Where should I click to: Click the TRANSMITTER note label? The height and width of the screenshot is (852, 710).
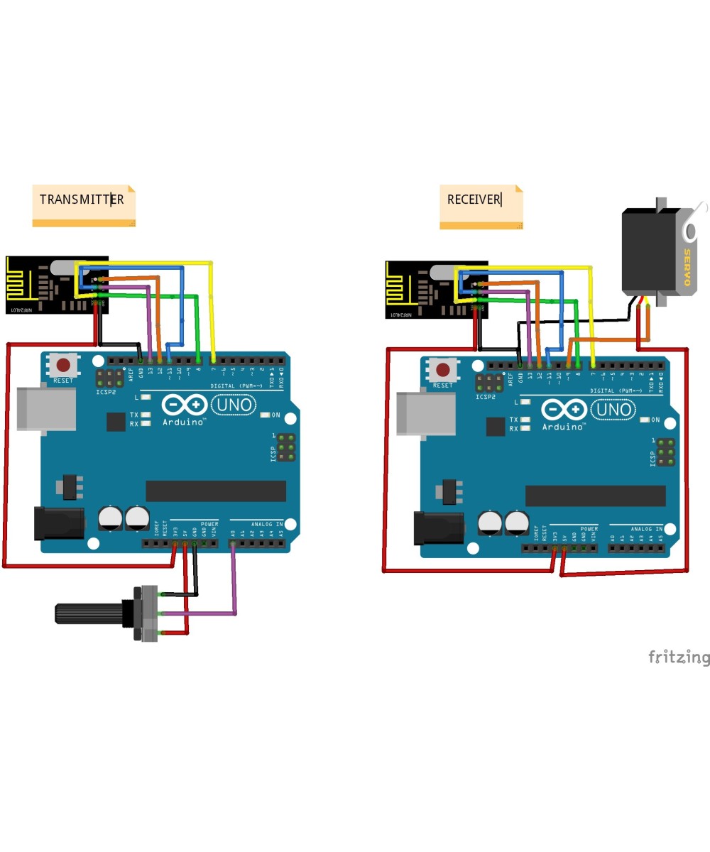(x=82, y=200)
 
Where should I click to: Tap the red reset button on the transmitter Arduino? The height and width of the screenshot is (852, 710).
(x=63, y=366)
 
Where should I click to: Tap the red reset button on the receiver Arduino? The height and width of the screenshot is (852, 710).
(x=444, y=370)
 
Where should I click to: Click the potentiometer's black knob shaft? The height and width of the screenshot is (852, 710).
(x=89, y=613)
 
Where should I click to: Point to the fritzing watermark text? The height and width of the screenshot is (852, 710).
(x=678, y=657)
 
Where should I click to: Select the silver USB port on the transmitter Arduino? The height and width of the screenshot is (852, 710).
(x=46, y=409)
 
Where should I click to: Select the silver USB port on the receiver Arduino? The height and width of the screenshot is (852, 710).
(x=426, y=414)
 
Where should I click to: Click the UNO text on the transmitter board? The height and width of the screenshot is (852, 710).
(x=234, y=405)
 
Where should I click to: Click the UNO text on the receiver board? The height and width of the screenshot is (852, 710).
(x=613, y=410)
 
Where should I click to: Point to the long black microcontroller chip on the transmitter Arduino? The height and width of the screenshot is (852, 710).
(x=216, y=491)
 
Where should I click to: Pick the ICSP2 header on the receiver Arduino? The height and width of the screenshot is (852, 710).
(x=486, y=383)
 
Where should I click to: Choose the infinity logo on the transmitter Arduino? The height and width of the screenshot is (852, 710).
(x=184, y=405)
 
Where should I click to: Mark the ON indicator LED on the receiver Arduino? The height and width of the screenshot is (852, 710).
(x=645, y=420)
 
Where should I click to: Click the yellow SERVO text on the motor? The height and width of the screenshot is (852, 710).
(x=687, y=266)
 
